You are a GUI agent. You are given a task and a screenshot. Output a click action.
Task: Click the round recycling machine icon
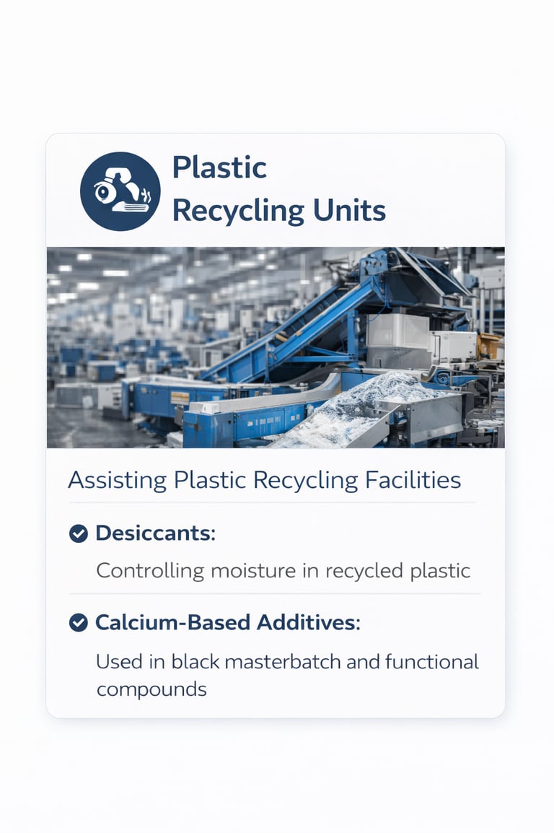120,191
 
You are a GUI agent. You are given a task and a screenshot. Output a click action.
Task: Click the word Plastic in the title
219,168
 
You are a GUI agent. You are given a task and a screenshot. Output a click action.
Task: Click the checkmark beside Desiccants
78,533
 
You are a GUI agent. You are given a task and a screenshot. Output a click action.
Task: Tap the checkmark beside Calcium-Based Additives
78,622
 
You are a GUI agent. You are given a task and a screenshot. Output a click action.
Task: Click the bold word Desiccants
155,533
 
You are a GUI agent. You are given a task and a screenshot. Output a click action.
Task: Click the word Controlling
150,571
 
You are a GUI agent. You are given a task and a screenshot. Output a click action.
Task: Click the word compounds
151,689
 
